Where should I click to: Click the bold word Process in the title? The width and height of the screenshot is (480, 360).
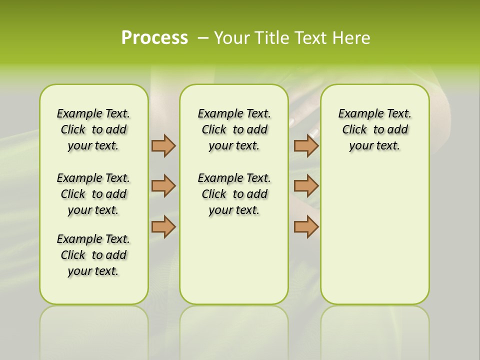coord(154,38)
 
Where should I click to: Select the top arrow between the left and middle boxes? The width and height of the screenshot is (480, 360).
coord(163,145)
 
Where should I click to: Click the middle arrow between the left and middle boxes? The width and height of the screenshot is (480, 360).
coord(163,186)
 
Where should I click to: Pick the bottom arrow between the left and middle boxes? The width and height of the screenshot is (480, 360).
coord(163,226)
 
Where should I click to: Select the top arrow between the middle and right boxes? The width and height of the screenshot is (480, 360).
coord(306,145)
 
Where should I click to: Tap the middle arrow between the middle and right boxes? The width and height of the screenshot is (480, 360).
coord(306,186)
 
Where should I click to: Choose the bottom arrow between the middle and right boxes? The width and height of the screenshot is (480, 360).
coord(306,226)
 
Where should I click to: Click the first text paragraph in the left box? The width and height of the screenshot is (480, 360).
coord(93,129)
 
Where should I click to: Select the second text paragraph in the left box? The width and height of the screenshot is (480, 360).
coord(93,194)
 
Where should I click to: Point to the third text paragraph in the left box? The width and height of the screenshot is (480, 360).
coord(93,255)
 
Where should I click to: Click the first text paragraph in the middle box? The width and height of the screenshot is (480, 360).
coord(234,129)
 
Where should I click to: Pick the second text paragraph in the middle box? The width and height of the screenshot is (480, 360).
coord(234,194)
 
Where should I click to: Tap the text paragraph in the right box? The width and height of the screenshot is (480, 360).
coord(374,129)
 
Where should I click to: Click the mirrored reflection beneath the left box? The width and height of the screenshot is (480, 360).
coord(94,330)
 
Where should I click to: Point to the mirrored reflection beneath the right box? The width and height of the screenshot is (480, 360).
coord(374,330)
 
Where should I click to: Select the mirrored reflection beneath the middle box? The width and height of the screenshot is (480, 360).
coord(234,330)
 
